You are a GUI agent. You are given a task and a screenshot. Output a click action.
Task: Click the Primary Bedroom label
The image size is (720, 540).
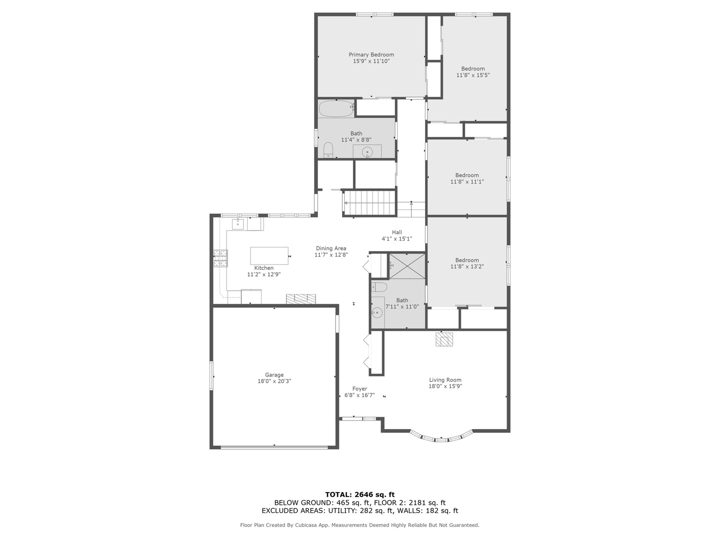pos(371,54)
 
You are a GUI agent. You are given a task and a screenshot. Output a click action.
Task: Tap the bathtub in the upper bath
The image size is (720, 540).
pos(336,108)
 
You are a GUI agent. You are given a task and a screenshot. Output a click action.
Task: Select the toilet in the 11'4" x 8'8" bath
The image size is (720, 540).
pos(328,150)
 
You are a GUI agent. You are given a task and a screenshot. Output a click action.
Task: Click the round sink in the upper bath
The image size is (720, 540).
pos(367,152)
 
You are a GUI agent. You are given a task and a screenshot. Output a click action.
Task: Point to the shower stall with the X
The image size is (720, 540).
pos(406,266)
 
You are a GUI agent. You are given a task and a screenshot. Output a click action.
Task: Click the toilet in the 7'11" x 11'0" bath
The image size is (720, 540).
pos(379,287)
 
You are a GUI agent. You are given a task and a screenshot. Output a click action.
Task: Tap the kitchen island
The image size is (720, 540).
pos(269,255)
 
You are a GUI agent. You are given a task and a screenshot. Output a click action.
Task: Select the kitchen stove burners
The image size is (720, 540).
pos(221,258)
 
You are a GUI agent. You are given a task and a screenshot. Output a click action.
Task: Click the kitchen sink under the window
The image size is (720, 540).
pos(238,224)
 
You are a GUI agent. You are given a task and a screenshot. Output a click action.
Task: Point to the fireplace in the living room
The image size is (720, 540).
pos(444,339)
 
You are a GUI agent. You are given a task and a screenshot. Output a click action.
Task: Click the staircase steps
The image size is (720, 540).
pos(369,203)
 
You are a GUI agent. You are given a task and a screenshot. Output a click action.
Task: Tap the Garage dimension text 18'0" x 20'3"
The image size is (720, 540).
pos(274,381)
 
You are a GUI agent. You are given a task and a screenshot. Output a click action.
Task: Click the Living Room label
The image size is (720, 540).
pos(445,379)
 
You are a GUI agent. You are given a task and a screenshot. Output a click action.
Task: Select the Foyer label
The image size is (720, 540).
pos(359,389)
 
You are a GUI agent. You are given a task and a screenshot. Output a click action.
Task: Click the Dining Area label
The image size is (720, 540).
pos(331,248)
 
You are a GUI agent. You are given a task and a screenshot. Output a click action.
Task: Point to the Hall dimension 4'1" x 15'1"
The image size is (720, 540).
pos(396,238)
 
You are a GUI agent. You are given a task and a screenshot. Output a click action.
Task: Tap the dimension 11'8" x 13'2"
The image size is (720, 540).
pos(467,266)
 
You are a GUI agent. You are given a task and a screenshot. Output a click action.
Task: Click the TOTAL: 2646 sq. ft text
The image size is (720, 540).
pos(360,494)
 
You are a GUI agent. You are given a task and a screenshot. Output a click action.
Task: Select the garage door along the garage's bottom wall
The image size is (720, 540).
pos(274,446)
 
